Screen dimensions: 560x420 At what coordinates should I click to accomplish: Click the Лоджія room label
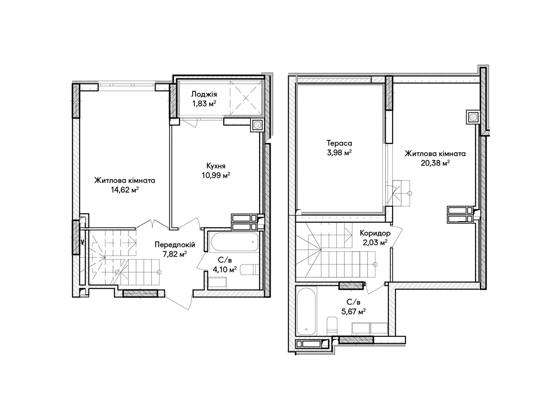[204, 94]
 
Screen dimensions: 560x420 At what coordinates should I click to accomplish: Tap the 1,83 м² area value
[204, 104]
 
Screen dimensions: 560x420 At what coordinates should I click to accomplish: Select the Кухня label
[216, 166]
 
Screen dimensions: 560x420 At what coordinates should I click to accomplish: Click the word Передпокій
[175, 245]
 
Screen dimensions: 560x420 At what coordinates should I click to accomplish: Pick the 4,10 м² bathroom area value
[224, 269]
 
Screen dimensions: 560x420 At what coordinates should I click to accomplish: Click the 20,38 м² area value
[435, 163]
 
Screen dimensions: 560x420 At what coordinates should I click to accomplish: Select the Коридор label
[375, 233]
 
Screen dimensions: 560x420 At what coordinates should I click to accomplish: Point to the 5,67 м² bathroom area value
[353, 311]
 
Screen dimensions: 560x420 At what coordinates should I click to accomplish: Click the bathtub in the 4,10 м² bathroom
[235, 242]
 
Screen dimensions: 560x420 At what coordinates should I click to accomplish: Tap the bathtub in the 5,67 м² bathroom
[306, 311]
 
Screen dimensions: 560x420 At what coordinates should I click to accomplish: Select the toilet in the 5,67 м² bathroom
[332, 326]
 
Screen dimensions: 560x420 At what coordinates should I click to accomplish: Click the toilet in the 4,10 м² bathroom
[250, 270]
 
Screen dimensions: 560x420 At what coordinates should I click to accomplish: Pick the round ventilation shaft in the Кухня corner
[257, 125]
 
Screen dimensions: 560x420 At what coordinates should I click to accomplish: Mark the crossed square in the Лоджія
[246, 98]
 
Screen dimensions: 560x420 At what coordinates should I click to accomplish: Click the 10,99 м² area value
[216, 175]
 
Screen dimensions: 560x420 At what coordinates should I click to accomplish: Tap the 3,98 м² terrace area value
[339, 153]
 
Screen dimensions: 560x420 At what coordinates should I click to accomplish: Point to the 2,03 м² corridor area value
[375, 242]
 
